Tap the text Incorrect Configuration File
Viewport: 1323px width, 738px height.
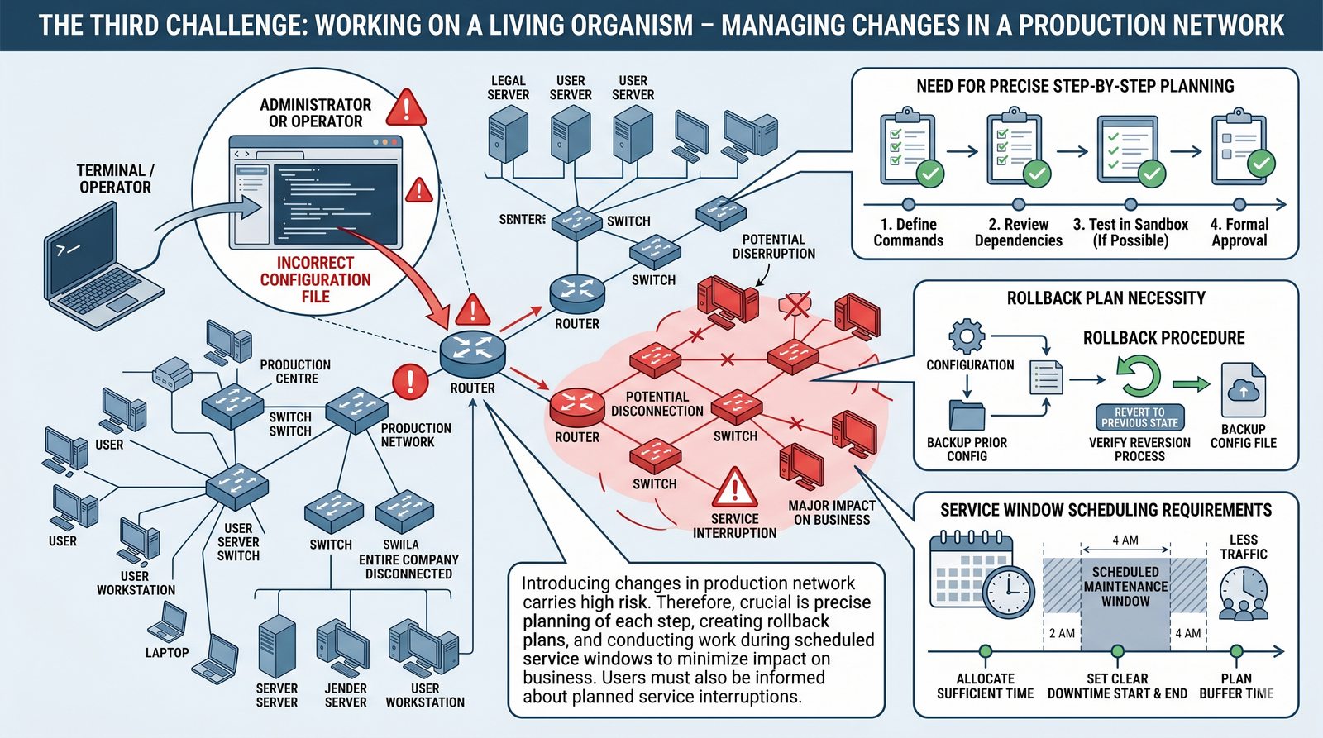[x=315, y=279]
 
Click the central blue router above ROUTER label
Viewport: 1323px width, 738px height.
[x=472, y=351]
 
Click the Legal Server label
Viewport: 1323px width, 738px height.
[x=508, y=88]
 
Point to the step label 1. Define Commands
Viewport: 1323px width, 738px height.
[x=908, y=232]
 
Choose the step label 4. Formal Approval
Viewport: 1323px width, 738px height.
[x=1239, y=232]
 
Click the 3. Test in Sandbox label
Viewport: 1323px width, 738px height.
[x=1130, y=232]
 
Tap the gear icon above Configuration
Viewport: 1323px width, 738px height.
[x=967, y=337]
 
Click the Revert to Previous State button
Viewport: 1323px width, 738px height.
[x=1139, y=417]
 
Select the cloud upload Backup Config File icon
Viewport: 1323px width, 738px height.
[x=1243, y=390]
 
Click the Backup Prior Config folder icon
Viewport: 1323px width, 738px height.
[x=967, y=414]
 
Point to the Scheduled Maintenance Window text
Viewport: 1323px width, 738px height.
[x=1125, y=586]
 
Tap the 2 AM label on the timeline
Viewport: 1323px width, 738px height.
[x=1062, y=633]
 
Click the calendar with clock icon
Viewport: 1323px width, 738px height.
[x=982, y=575]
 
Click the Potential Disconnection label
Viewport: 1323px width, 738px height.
[x=657, y=403]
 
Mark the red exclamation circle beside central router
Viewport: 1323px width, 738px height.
[x=409, y=381]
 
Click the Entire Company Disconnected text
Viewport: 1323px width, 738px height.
[x=408, y=566]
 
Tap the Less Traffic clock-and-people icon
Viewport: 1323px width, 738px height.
[x=1243, y=594]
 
